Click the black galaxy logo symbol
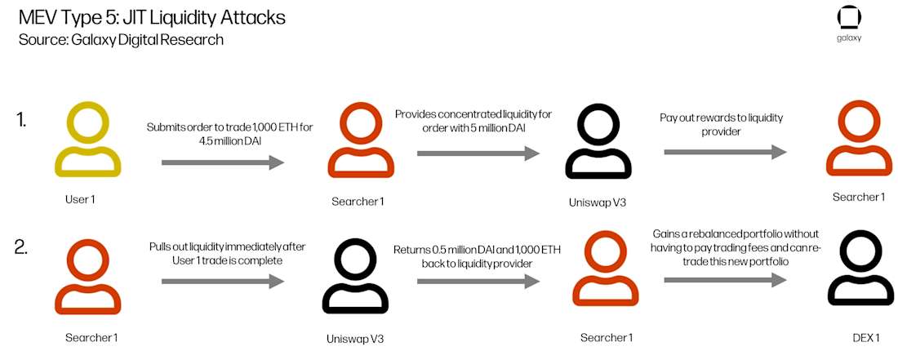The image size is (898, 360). click(849, 19)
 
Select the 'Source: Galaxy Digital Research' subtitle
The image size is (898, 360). click(121, 39)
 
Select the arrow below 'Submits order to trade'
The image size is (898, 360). click(222, 163)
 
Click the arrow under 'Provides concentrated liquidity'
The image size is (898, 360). click(478, 153)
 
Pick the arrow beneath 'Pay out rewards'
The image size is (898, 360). click(725, 152)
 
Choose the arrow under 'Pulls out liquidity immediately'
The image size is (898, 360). click(222, 282)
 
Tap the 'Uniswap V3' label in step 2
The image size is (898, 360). click(353, 337)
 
